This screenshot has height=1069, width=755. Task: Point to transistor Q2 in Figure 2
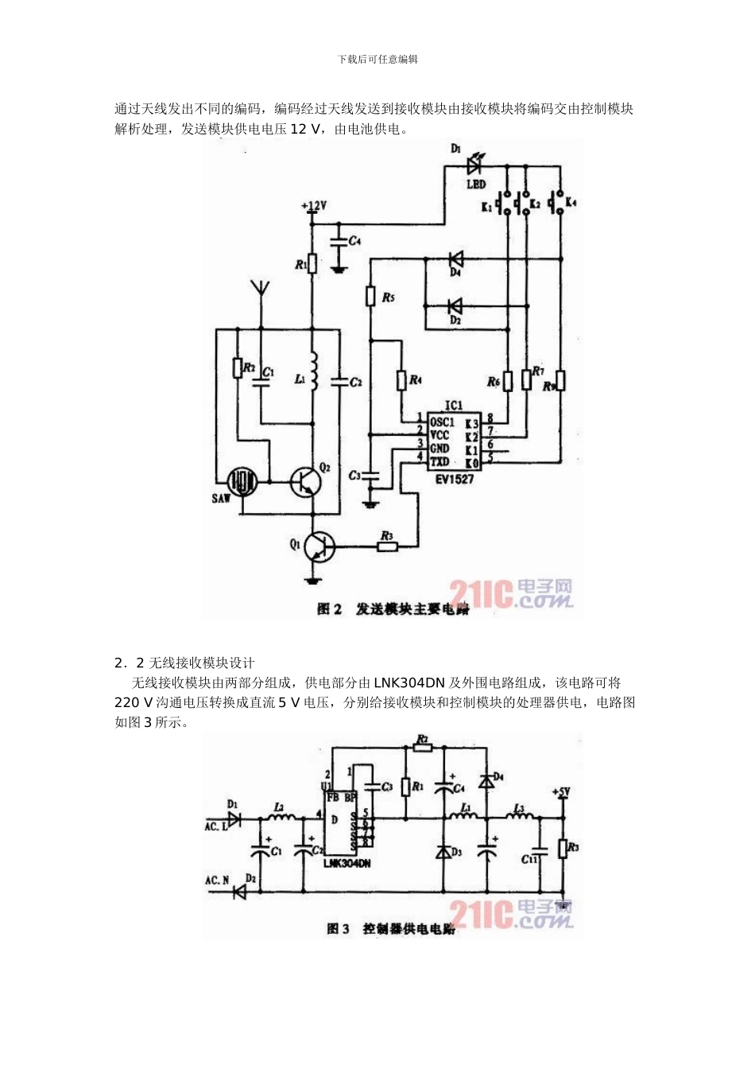307,480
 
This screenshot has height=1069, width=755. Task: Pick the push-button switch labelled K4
559,202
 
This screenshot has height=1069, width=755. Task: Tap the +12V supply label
314,206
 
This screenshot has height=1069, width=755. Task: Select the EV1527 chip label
455,479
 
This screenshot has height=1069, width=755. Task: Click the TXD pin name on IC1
439,461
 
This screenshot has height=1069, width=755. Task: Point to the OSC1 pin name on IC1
442,422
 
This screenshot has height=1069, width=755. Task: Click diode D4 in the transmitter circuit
455,259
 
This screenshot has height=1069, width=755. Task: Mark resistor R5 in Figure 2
370,296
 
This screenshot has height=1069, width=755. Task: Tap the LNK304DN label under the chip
347,862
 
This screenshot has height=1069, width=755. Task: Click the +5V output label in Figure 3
561,792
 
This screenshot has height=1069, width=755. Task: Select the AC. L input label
216,826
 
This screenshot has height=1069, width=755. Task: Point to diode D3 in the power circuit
443,851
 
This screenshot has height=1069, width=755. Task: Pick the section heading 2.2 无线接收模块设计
184,663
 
